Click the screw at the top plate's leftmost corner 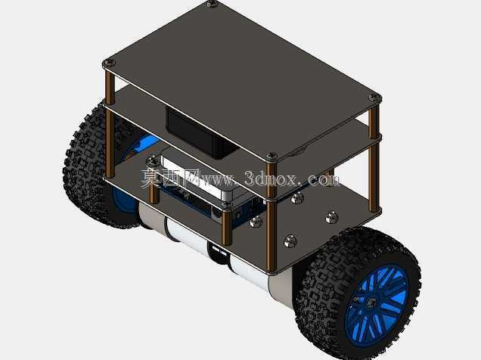[x=110, y=64]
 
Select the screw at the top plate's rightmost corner [x=374, y=98]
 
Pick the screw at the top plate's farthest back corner [x=212, y=4]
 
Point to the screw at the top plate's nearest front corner [x=272, y=157]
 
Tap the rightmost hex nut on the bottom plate [x=331, y=217]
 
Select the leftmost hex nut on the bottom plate [x=256, y=221]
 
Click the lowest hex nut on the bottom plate [x=290, y=241]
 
